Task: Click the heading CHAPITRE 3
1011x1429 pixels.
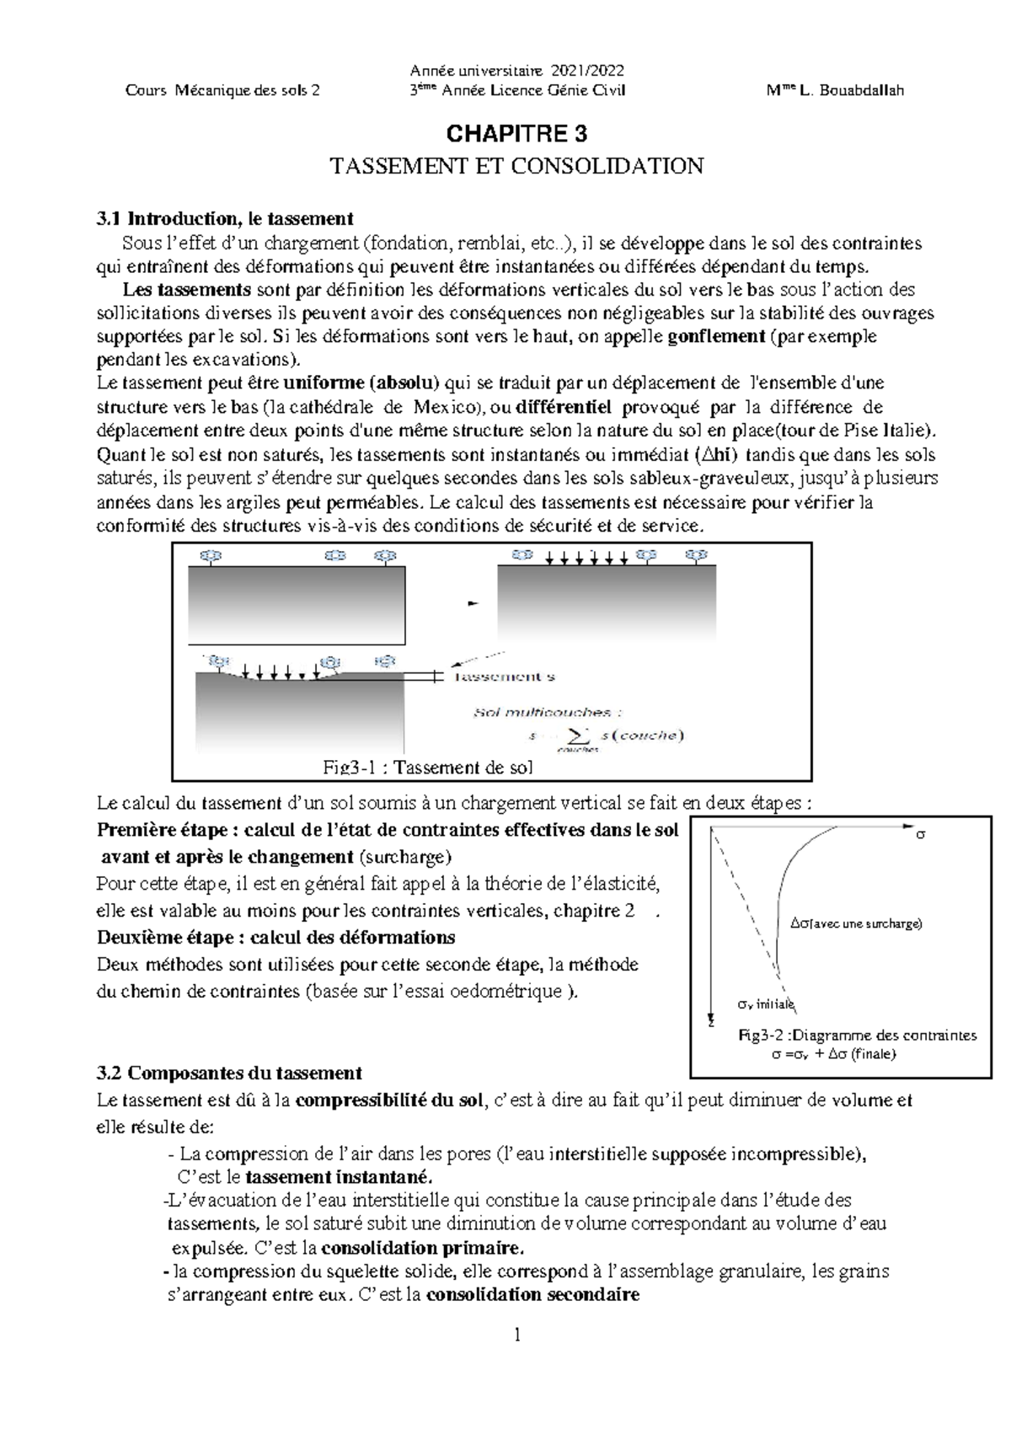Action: (516, 134)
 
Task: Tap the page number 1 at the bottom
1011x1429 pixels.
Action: (517, 1335)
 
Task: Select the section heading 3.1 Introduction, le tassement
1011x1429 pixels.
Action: (224, 220)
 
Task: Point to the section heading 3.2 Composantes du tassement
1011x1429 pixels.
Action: (229, 1073)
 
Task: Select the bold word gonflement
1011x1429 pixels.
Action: (715, 337)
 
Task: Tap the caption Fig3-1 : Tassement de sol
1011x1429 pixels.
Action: (428, 767)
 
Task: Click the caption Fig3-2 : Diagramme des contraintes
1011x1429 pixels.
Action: (856, 1036)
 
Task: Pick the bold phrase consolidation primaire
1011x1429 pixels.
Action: (423, 1248)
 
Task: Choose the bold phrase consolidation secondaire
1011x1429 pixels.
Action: (532, 1294)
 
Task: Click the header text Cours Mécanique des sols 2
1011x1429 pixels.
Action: (222, 91)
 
